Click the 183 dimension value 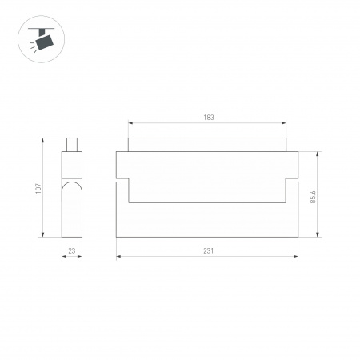[209, 118]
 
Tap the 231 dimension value [208, 250]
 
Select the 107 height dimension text [38, 189]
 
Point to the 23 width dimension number [72, 250]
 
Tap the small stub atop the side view [72, 145]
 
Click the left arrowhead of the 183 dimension [130, 124]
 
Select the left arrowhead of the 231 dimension [118, 257]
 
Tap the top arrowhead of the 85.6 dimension [319, 153]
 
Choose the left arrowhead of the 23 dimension [64, 257]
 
